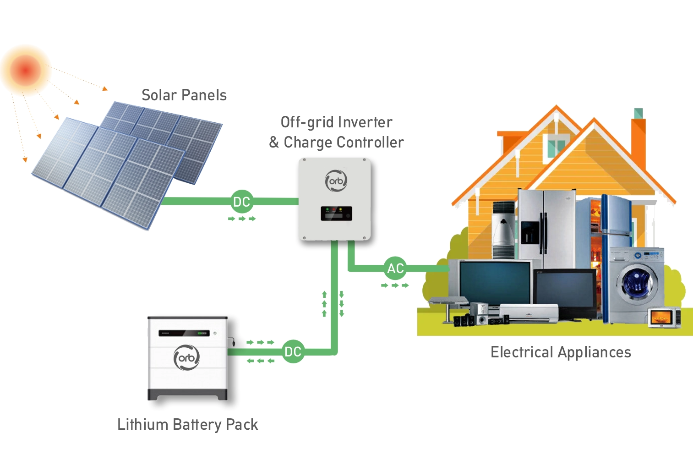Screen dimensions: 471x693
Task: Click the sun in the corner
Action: pyautogui.click(x=26, y=70)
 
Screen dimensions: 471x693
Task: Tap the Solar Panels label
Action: pyautogui.click(x=184, y=95)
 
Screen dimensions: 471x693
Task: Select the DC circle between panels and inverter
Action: pyautogui.click(x=242, y=202)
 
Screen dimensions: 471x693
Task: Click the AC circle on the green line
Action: pyautogui.click(x=395, y=268)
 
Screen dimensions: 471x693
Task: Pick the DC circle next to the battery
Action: pyautogui.click(x=293, y=352)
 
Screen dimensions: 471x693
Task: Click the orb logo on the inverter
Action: pyautogui.click(x=336, y=181)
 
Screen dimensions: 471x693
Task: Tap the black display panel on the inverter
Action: pyautogui.click(x=336, y=214)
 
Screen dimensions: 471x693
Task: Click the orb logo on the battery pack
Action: pyautogui.click(x=186, y=357)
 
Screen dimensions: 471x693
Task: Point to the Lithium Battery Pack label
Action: pyautogui.click(x=188, y=425)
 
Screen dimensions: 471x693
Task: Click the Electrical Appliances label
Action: pyautogui.click(x=561, y=352)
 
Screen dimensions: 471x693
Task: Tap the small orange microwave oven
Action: pyautogui.click(x=664, y=318)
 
